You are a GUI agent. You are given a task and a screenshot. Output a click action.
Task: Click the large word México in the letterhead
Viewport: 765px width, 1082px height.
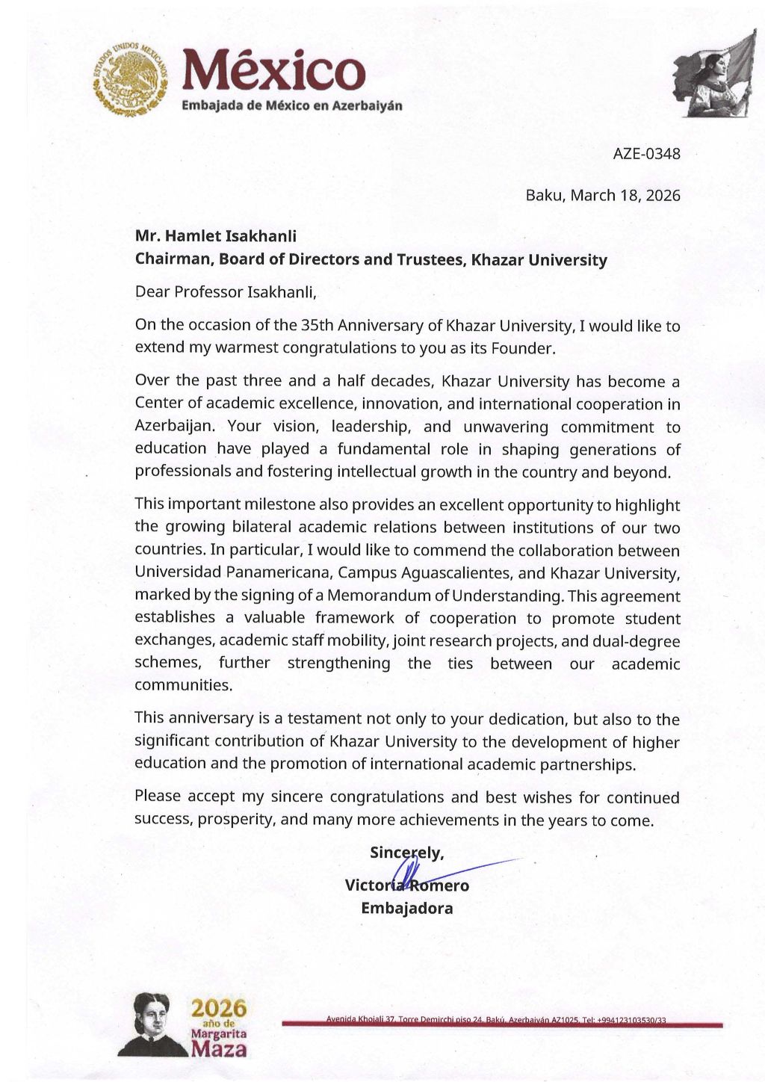273,71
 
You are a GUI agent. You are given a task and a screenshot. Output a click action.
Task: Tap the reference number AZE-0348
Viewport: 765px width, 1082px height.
646,154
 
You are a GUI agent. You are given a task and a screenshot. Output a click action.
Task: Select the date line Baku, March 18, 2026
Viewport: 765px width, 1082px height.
603,196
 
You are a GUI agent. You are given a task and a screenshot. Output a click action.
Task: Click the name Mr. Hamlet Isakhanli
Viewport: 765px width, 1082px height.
216,236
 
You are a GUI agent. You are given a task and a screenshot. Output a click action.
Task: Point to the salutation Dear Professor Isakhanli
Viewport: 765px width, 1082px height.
226,292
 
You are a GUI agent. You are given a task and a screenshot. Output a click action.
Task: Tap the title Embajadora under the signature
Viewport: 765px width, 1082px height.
407,909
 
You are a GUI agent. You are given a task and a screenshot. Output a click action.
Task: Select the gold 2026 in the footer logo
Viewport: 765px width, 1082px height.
219,1009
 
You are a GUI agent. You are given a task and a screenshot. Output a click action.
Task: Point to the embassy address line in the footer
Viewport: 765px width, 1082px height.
496,1020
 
